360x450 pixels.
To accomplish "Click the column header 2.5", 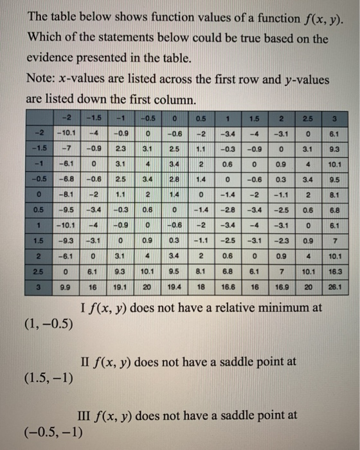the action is [307, 119].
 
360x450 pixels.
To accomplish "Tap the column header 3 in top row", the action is [333, 119].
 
